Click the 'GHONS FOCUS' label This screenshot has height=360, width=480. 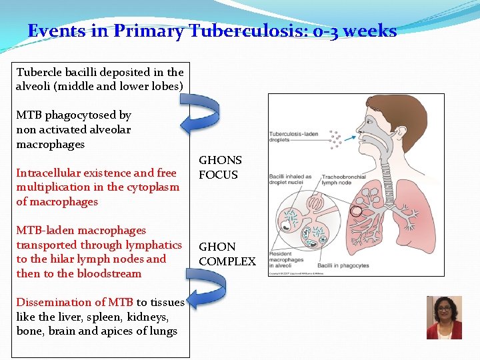(220, 167)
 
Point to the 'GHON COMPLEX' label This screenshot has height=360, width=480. (227, 254)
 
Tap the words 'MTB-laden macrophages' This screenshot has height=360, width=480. (81, 231)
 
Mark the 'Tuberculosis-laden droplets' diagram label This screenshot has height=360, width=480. (293, 136)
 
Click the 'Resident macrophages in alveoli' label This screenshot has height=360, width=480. (287, 260)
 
